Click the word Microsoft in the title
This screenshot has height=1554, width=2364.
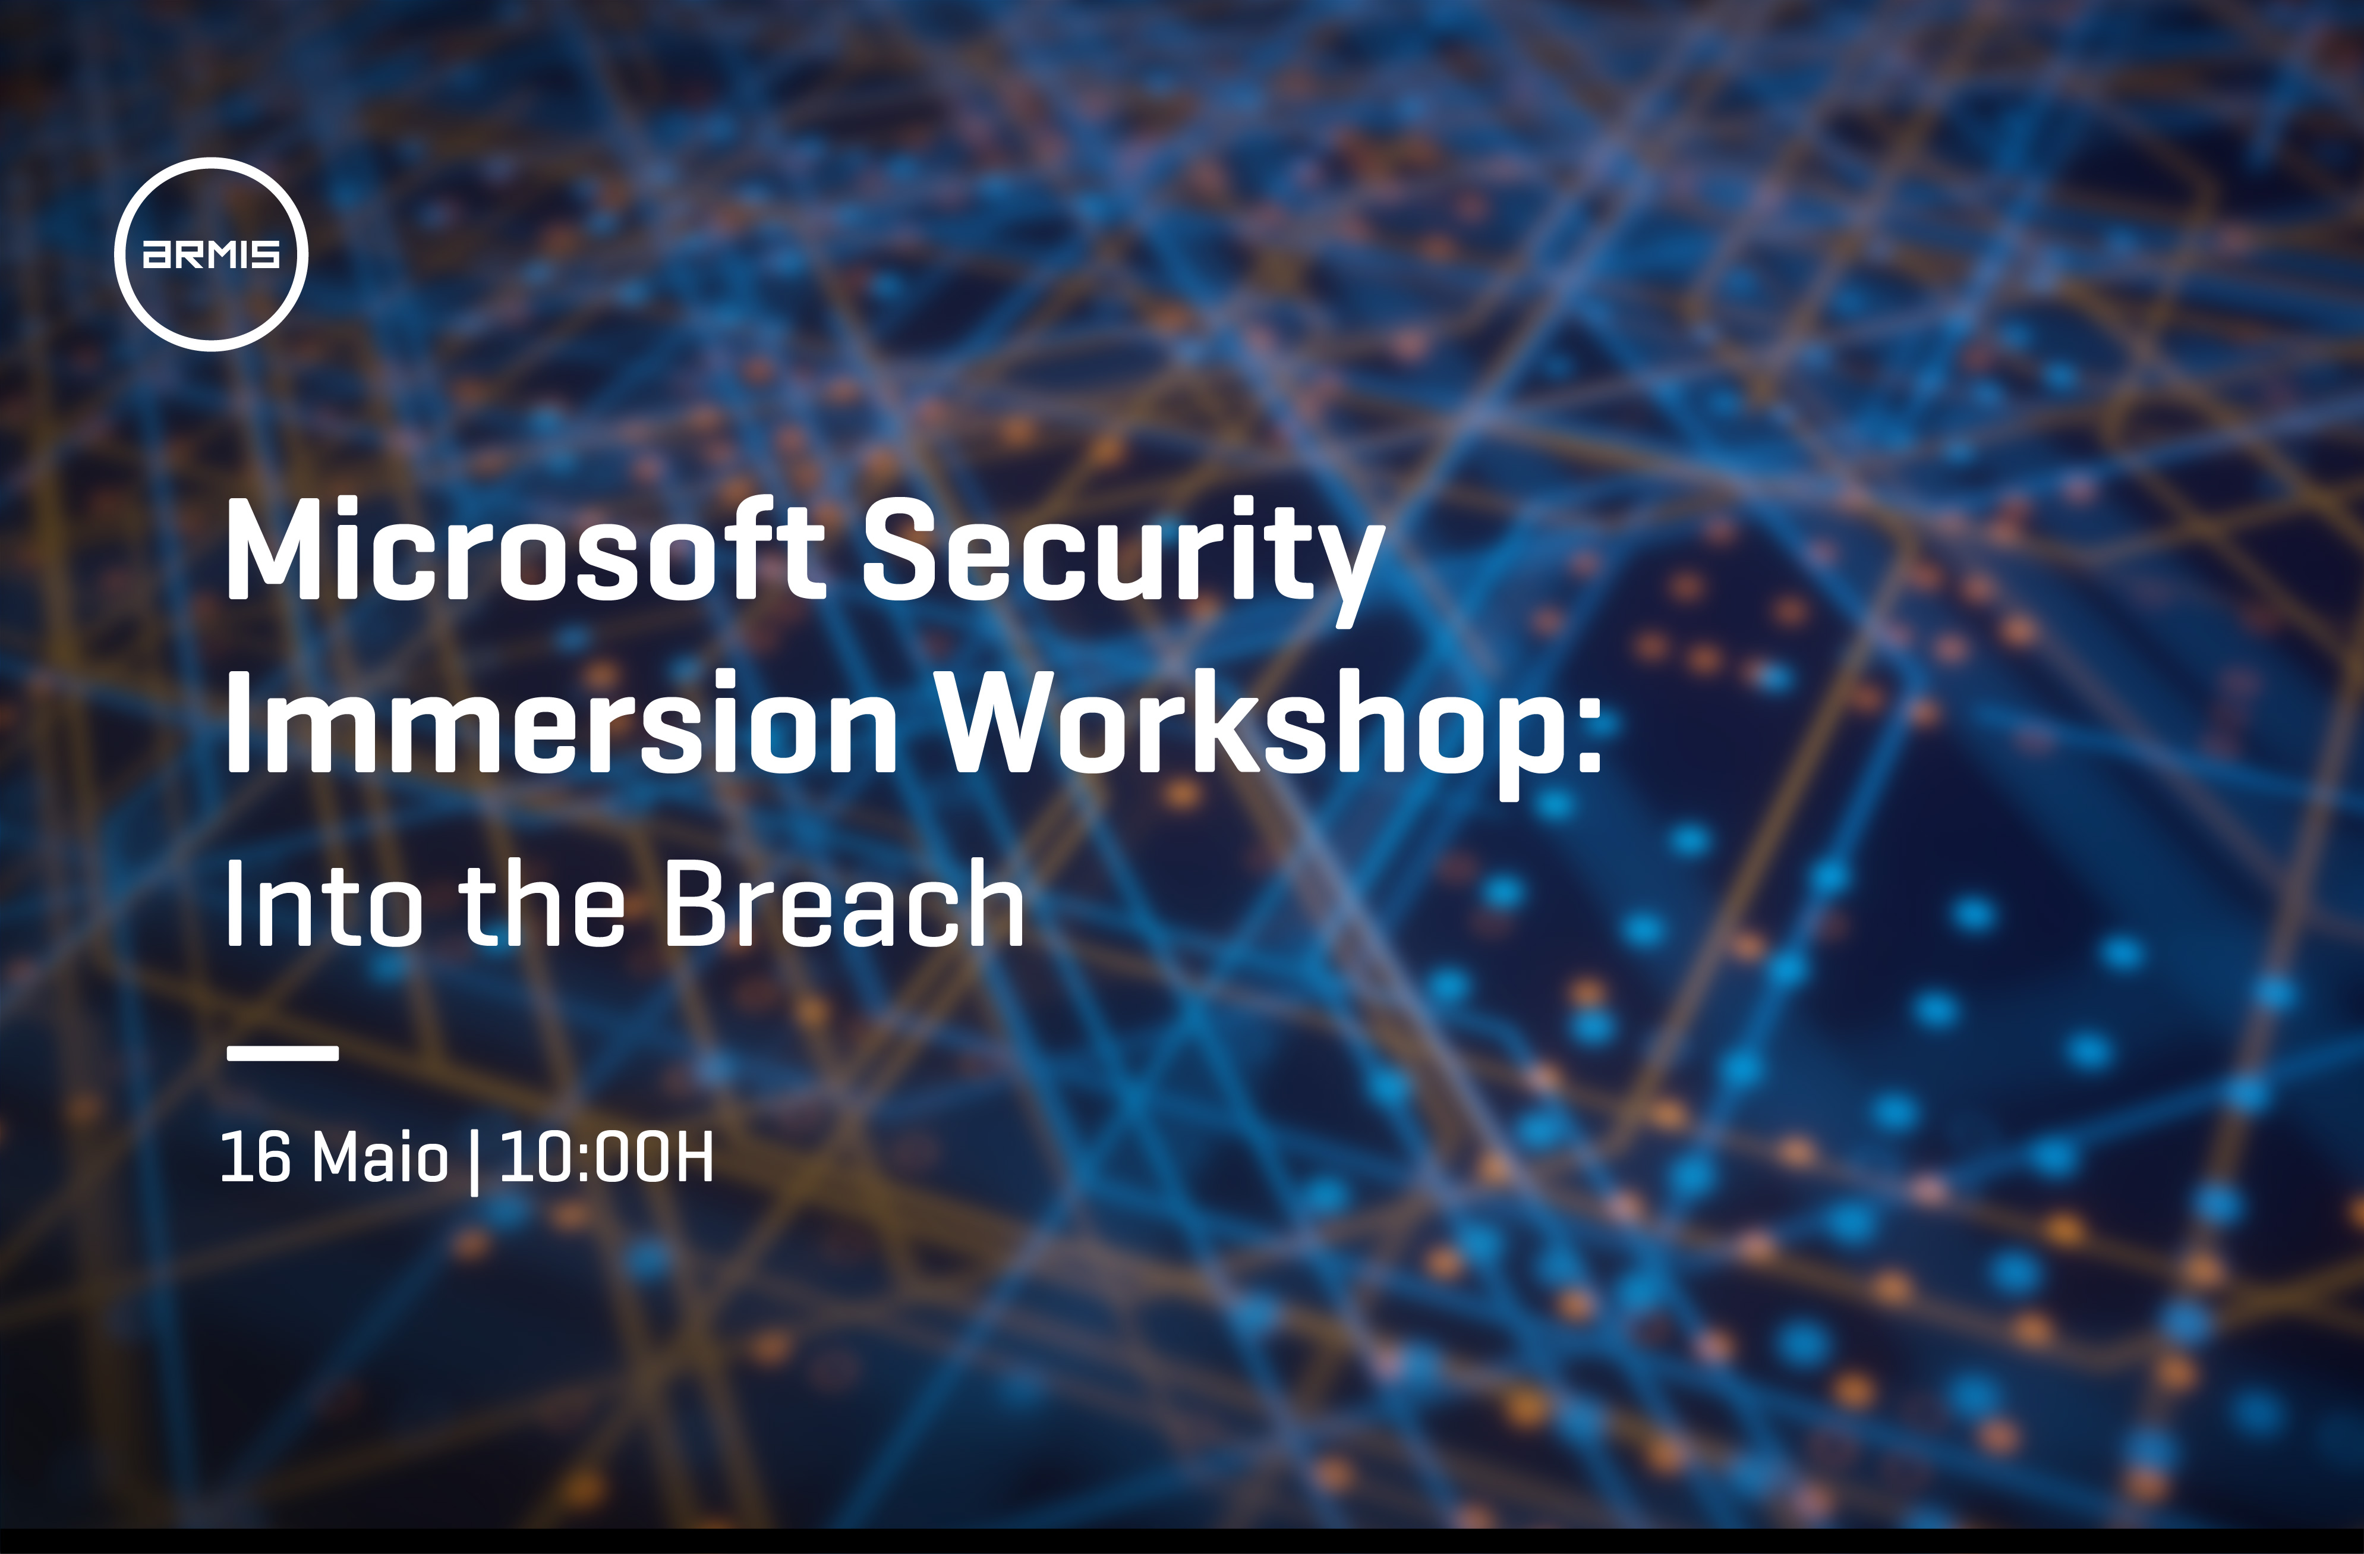[525, 549]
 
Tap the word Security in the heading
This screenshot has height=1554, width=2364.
[1123, 561]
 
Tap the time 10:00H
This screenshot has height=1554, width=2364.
[607, 1156]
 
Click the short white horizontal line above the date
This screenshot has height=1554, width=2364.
[283, 1052]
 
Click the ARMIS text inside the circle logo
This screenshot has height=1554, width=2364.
[212, 254]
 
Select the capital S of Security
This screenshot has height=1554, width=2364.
[900, 549]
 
